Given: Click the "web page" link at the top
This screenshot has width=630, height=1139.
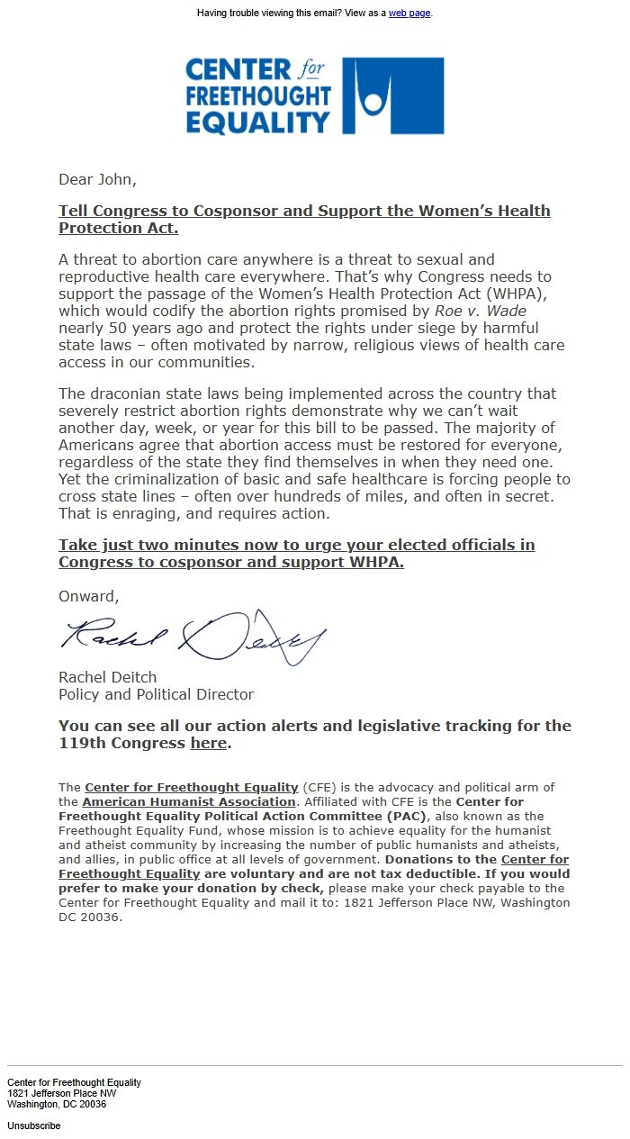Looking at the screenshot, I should [409, 14].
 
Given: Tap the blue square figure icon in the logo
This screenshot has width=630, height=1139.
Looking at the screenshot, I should [393, 96].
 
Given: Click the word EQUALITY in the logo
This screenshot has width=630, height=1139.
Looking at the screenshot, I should [258, 122].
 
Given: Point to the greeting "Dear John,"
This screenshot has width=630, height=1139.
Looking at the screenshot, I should [98, 179].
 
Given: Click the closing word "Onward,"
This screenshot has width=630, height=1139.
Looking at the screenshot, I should [88, 596].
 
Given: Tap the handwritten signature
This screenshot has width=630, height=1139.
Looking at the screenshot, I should [193, 636].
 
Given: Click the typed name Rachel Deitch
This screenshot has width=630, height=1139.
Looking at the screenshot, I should [107, 677].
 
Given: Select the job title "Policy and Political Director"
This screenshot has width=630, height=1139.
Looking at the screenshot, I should [156, 694].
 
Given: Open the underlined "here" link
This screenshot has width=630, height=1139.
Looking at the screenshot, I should [208, 744].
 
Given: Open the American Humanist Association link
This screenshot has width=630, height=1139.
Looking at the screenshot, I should [189, 801].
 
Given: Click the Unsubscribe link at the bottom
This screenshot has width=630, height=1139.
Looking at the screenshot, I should [33, 1125].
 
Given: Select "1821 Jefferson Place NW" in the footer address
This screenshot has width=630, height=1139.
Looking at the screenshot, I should [61, 1093].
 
